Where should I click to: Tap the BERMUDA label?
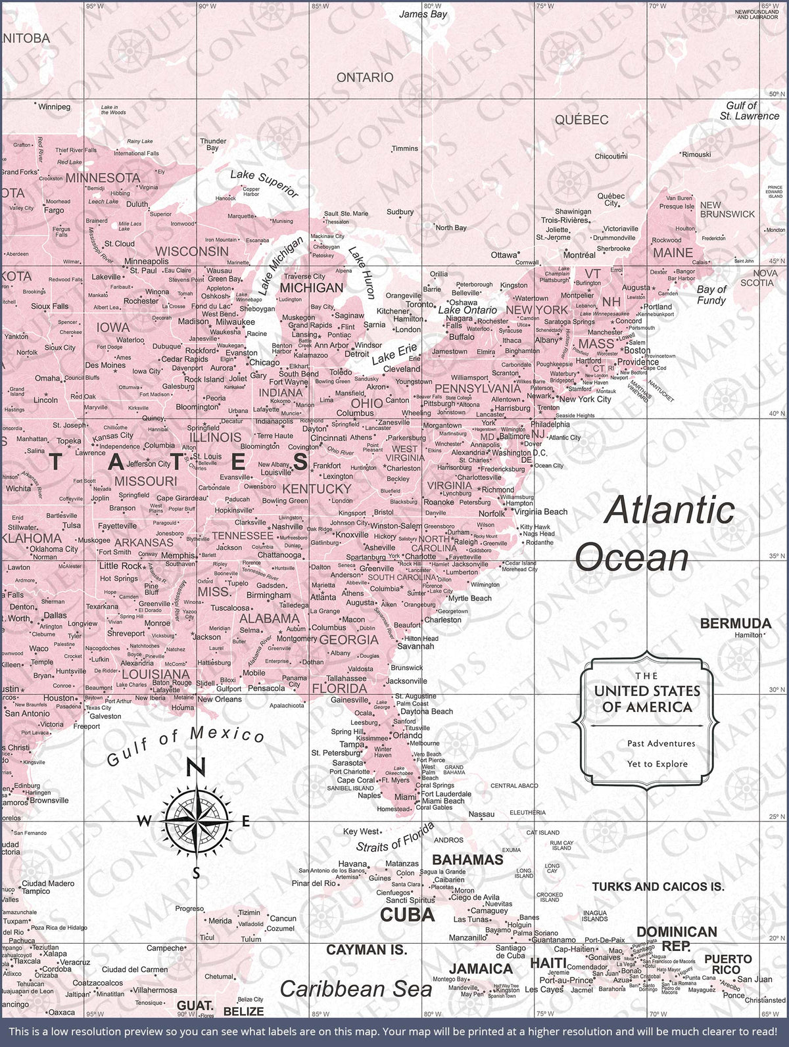tap(735, 623)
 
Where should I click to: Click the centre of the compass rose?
tap(197, 821)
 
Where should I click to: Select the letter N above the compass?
tap(197, 768)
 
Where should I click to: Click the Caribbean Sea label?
tap(356, 989)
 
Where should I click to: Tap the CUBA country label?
tap(408, 914)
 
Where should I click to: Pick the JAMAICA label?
tap(481, 968)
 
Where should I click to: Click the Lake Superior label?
tap(264, 183)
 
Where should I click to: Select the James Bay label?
tap(423, 14)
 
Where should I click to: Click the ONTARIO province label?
tap(364, 78)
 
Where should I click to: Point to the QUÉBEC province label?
tap(581, 120)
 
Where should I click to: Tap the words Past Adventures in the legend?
tap(661, 743)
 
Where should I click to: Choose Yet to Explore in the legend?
tap(657, 764)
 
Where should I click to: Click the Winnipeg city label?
tap(54, 106)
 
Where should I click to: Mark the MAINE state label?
tap(673, 252)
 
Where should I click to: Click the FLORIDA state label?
tap(339, 688)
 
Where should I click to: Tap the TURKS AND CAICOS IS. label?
tap(658, 887)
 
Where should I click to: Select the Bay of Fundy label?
tap(711, 294)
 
